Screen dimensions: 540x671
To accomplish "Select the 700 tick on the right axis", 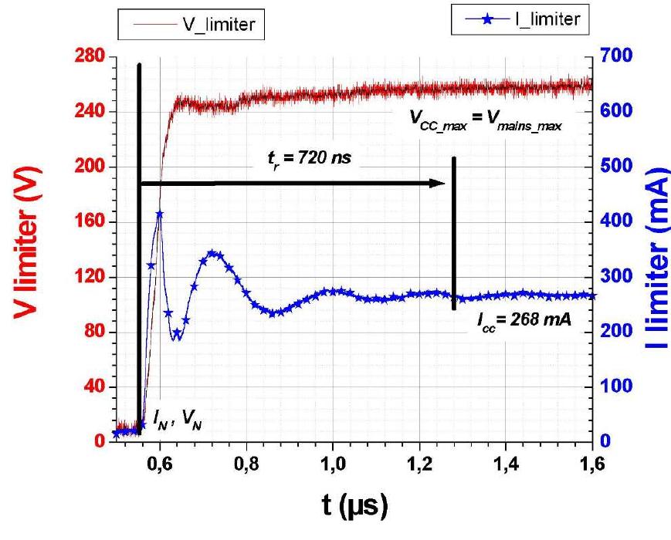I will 618,56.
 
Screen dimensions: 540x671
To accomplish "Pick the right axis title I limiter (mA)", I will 653,248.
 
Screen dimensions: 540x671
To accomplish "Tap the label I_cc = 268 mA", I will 524,319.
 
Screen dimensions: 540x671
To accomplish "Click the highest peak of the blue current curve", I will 159,214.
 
